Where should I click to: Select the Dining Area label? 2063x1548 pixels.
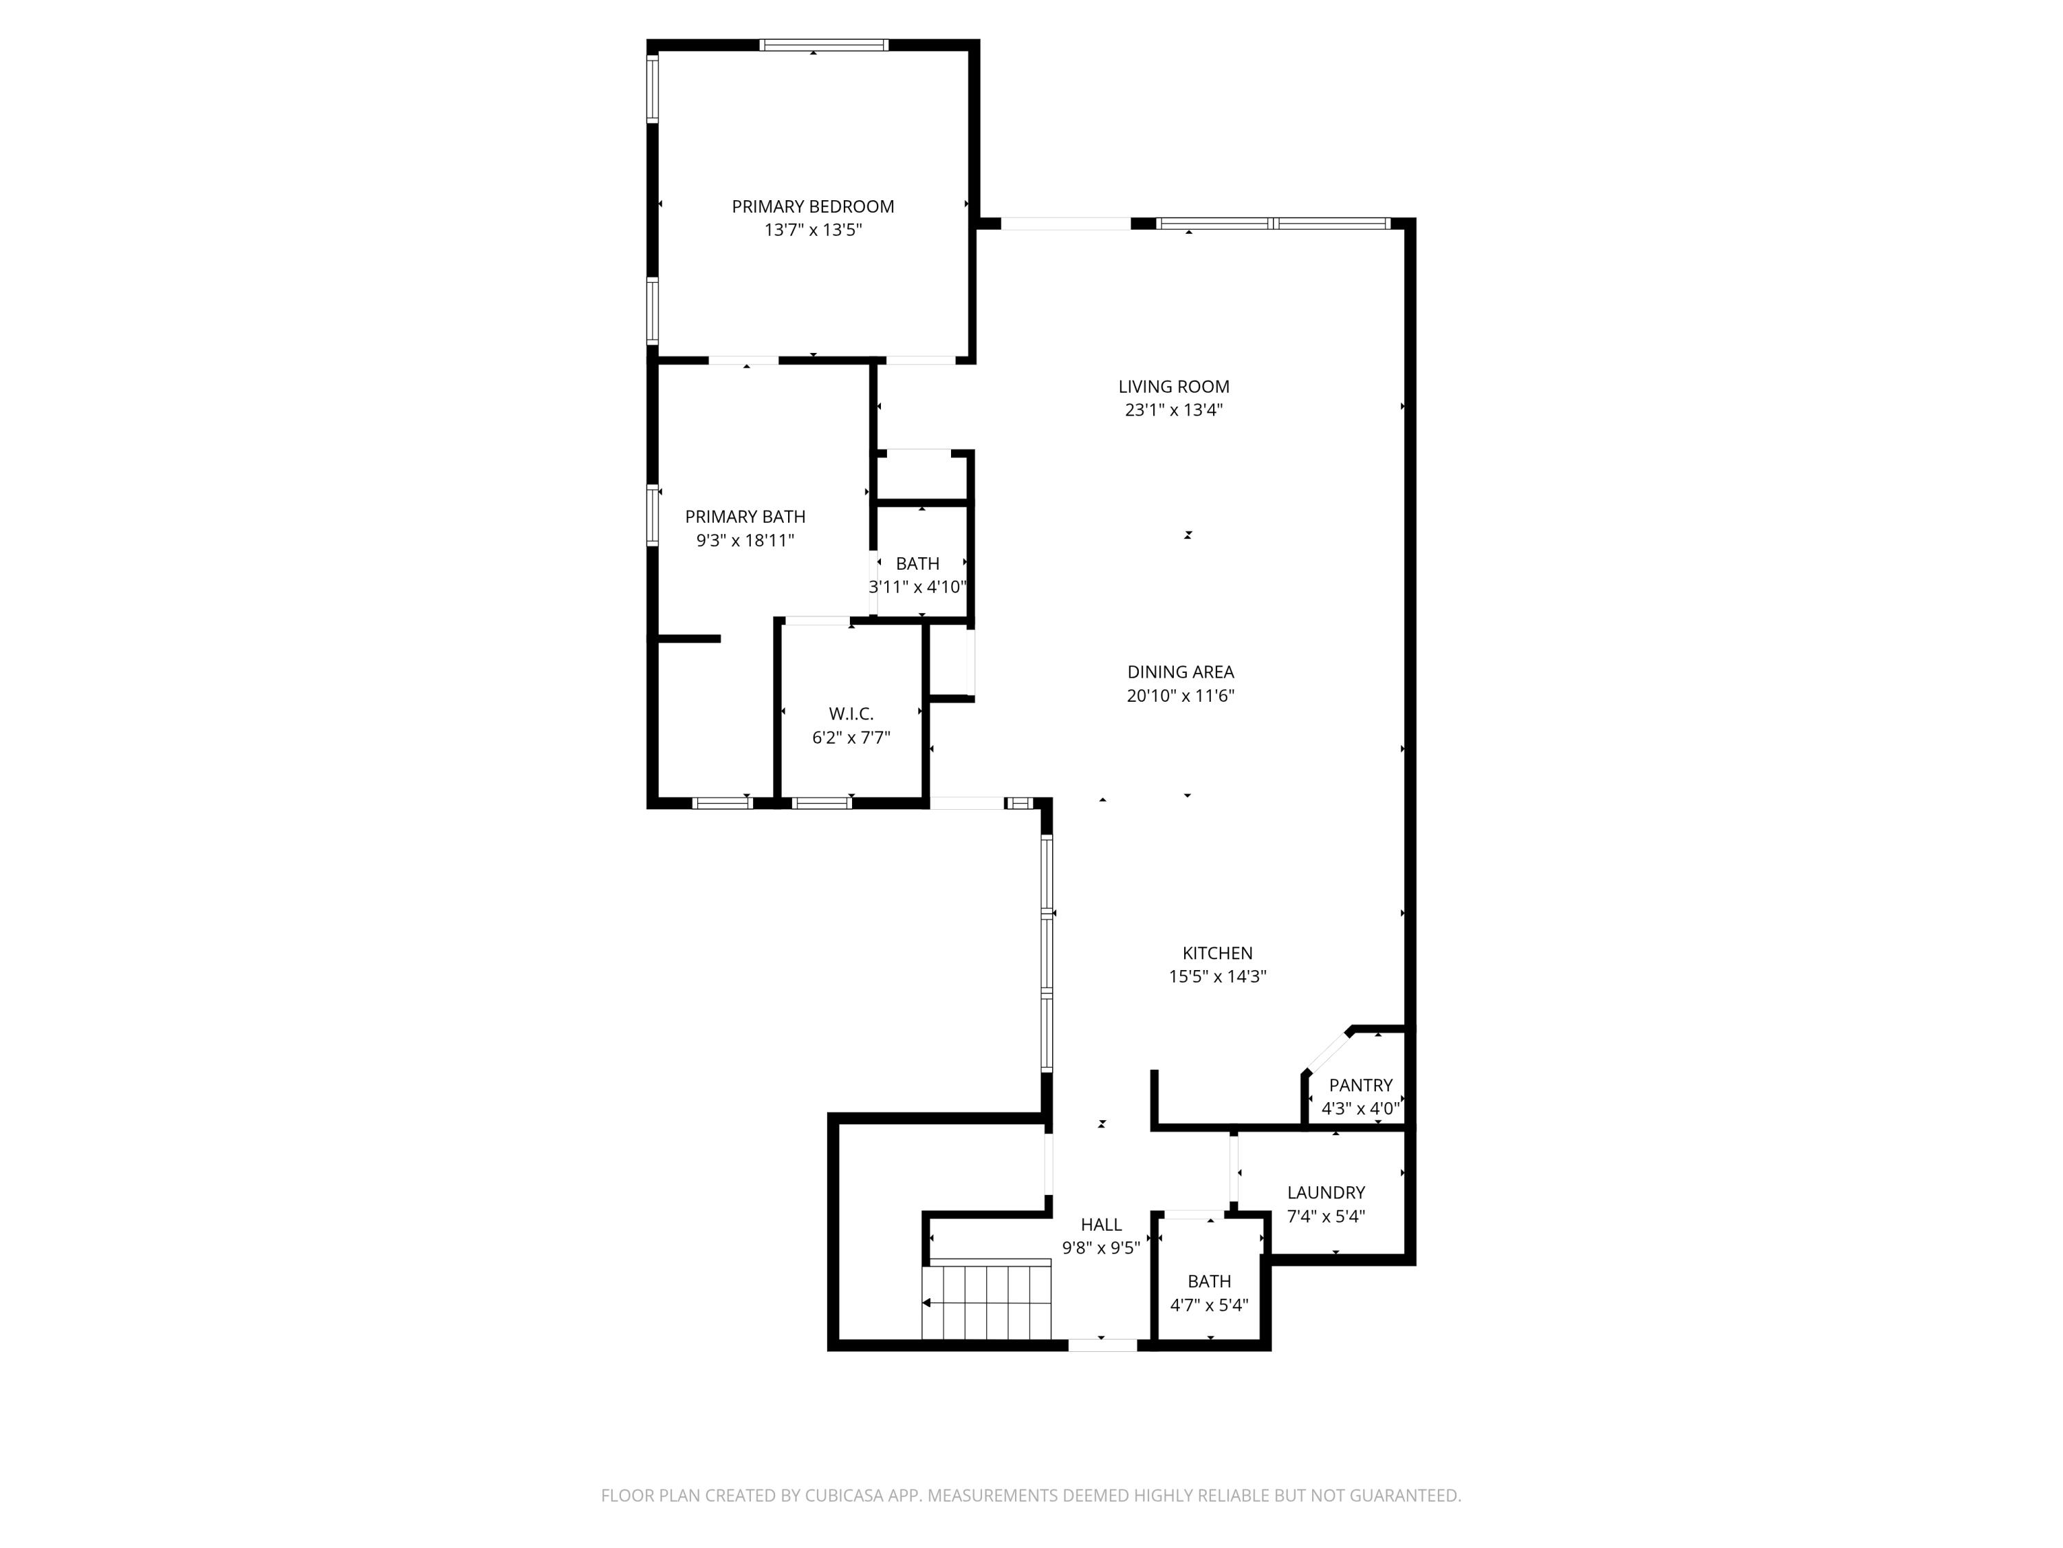(x=1180, y=671)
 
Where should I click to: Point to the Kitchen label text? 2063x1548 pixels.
(x=1217, y=953)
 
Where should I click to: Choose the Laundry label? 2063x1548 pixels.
(x=1325, y=1192)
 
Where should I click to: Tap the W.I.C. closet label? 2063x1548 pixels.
(x=851, y=714)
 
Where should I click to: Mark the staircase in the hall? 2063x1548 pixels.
(x=987, y=1301)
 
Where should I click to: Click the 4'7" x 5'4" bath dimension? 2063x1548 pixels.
(x=1209, y=1305)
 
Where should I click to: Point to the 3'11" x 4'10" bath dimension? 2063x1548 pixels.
(x=918, y=587)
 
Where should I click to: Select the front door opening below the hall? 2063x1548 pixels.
(x=1102, y=1344)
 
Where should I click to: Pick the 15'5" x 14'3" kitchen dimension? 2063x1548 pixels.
(x=1217, y=977)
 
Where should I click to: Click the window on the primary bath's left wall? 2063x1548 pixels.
(x=653, y=514)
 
